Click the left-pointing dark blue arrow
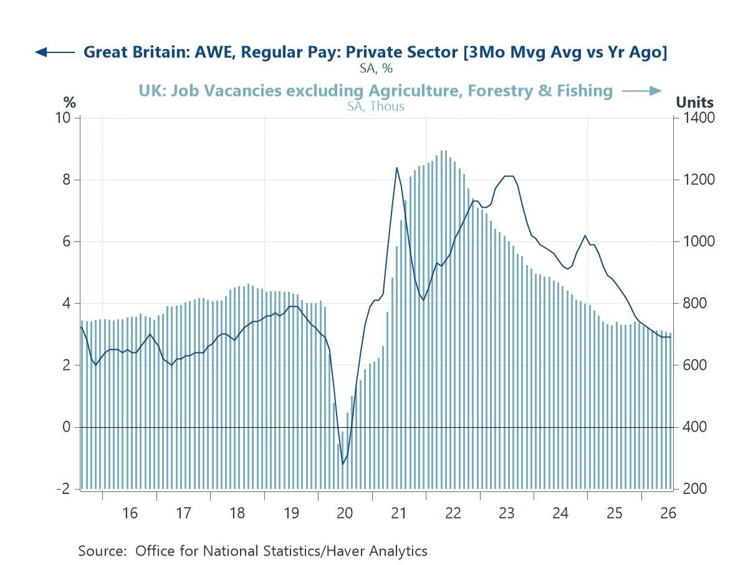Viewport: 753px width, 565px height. click(55, 52)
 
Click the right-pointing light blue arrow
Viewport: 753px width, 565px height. click(641, 91)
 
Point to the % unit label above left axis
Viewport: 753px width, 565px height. click(69, 102)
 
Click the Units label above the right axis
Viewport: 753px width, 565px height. click(694, 102)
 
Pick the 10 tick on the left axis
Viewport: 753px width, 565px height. click(63, 118)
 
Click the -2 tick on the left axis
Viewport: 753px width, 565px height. click(64, 489)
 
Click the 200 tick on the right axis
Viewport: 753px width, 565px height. click(695, 489)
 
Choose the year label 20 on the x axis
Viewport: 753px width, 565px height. click(345, 513)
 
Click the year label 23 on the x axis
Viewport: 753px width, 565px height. click(506, 513)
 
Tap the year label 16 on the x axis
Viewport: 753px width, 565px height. click(130, 513)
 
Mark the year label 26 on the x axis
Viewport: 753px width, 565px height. click(668, 513)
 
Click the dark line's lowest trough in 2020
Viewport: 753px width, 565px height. click(343, 464)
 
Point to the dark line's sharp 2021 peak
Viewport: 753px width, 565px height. click(396, 168)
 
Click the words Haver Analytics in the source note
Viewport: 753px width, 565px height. click(376, 551)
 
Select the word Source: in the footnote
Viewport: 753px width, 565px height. click(102, 551)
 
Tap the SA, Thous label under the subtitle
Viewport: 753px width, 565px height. click(376, 107)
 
